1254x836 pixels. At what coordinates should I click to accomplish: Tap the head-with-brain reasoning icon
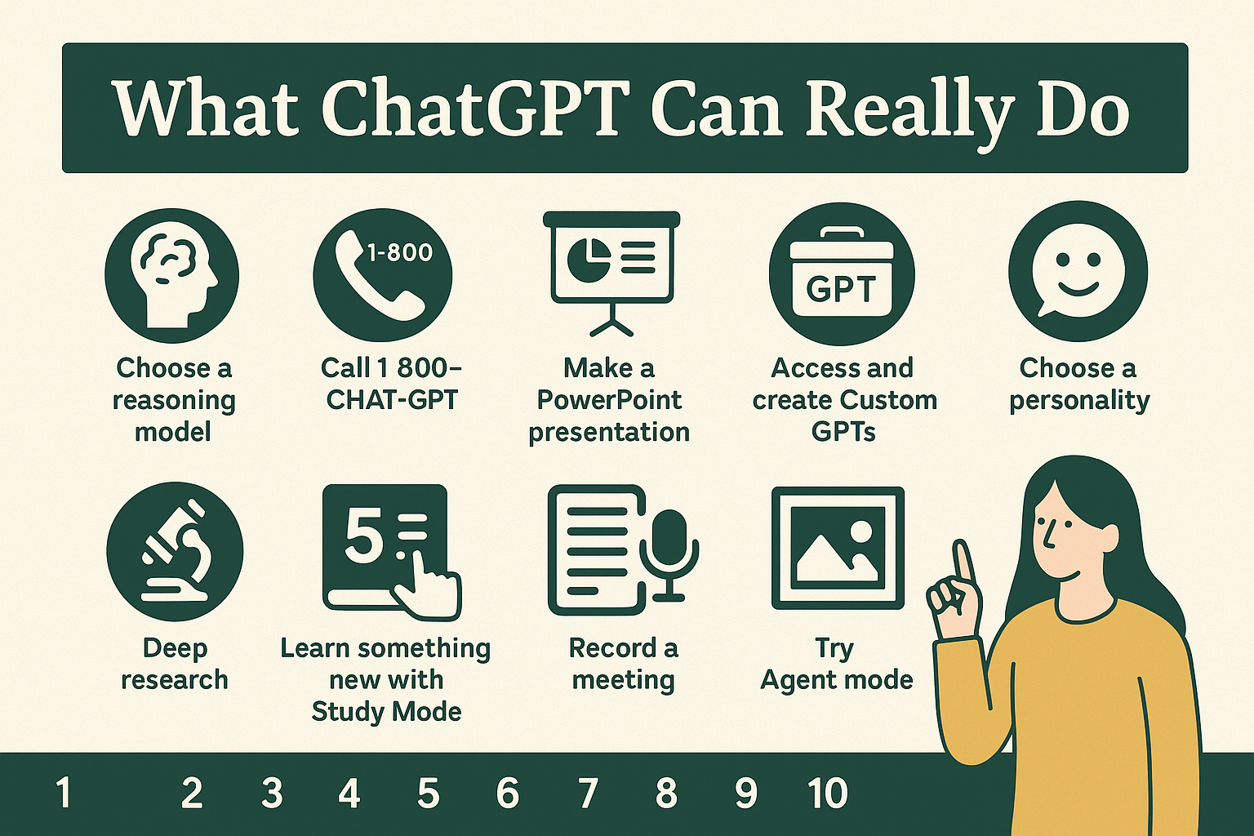pyautogui.click(x=172, y=273)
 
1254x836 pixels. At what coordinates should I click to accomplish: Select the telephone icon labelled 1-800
pyautogui.click(x=382, y=273)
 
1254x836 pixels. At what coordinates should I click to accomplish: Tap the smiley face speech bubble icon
pyautogui.click(x=1078, y=270)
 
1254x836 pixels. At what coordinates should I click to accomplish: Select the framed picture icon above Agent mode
pyautogui.click(x=838, y=548)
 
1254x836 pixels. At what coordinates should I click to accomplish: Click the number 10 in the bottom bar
pyautogui.click(x=828, y=794)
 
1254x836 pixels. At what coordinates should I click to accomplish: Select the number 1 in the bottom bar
pyautogui.click(x=63, y=794)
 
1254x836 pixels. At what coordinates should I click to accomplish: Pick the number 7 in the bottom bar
pyautogui.click(x=587, y=794)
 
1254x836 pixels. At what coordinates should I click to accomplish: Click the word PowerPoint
pyautogui.click(x=609, y=400)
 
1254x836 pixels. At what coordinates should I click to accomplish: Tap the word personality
pyautogui.click(x=1079, y=400)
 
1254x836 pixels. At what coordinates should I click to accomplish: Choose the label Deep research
pyautogui.click(x=175, y=664)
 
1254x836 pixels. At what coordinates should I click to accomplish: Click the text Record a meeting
pyautogui.click(x=624, y=664)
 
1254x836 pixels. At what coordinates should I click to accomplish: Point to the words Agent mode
pyautogui.click(x=837, y=679)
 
